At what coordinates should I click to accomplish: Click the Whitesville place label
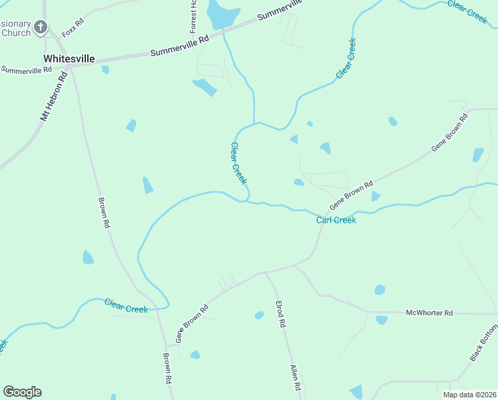click(69, 59)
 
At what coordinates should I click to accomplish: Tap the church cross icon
click(41, 27)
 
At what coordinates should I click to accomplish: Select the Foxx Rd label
click(72, 27)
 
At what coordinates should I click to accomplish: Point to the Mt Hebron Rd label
click(55, 97)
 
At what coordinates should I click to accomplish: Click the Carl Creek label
click(336, 220)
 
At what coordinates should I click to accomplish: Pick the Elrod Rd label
click(280, 314)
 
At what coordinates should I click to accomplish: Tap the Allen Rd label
click(296, 377)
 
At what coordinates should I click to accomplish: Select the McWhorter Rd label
click(429, 312)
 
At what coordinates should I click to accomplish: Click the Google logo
click(22, 392)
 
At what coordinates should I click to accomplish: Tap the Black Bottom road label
click(483, 343)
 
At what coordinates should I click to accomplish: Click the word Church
click(16, 32)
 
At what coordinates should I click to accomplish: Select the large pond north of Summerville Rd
click(222, 13)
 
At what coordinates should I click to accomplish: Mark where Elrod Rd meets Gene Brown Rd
click(265, 273)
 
